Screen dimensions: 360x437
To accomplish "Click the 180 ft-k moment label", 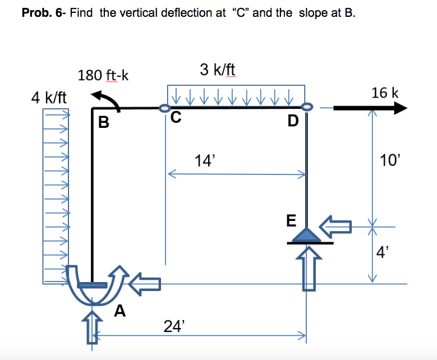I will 103,75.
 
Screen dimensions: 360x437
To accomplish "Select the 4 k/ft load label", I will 49,98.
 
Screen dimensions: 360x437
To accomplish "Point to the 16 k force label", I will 385,93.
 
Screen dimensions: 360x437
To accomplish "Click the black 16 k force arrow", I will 370,108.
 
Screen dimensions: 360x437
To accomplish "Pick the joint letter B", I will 103,122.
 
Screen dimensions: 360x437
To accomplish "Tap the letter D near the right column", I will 293,121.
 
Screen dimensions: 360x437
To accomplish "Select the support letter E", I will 291,220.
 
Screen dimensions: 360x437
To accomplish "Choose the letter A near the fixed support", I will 120,310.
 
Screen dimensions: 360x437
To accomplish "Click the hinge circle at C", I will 164,108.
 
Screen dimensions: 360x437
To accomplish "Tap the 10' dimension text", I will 389,161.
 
